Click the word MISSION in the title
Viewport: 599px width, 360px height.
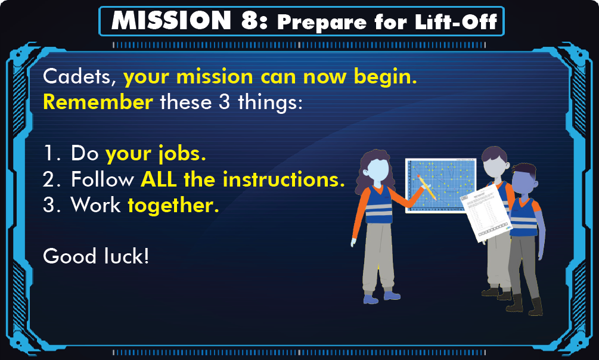171,20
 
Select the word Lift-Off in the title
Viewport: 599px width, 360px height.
456,22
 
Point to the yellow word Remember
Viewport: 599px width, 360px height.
98,102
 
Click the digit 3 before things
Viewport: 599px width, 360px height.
224,102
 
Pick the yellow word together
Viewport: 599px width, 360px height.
173,206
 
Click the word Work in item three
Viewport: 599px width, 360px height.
96,205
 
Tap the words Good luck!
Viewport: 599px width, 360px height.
96,256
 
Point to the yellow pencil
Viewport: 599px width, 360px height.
427,188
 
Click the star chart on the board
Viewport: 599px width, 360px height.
440,185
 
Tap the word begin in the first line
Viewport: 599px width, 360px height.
385,77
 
